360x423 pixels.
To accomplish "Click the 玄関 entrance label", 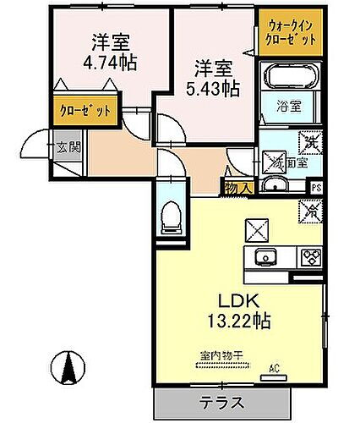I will [x=67, y=149].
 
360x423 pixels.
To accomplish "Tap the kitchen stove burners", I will [x=308, y=257].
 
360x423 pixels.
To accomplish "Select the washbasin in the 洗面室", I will [x=273, y=186].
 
